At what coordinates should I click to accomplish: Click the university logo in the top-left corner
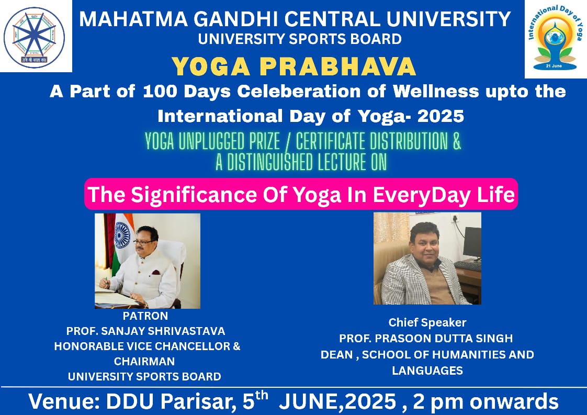click(34, 38)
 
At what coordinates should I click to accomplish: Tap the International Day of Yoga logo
click(555, 39)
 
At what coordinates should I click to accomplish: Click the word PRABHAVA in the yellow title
click(337, 66)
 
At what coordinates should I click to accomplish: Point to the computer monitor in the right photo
click(472, 243)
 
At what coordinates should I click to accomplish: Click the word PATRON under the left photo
click(145, 316)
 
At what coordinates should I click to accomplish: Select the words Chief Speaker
click(427, 322)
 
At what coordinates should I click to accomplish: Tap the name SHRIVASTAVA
click(190, 331)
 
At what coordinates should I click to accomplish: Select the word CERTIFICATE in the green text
click(330, 142)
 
